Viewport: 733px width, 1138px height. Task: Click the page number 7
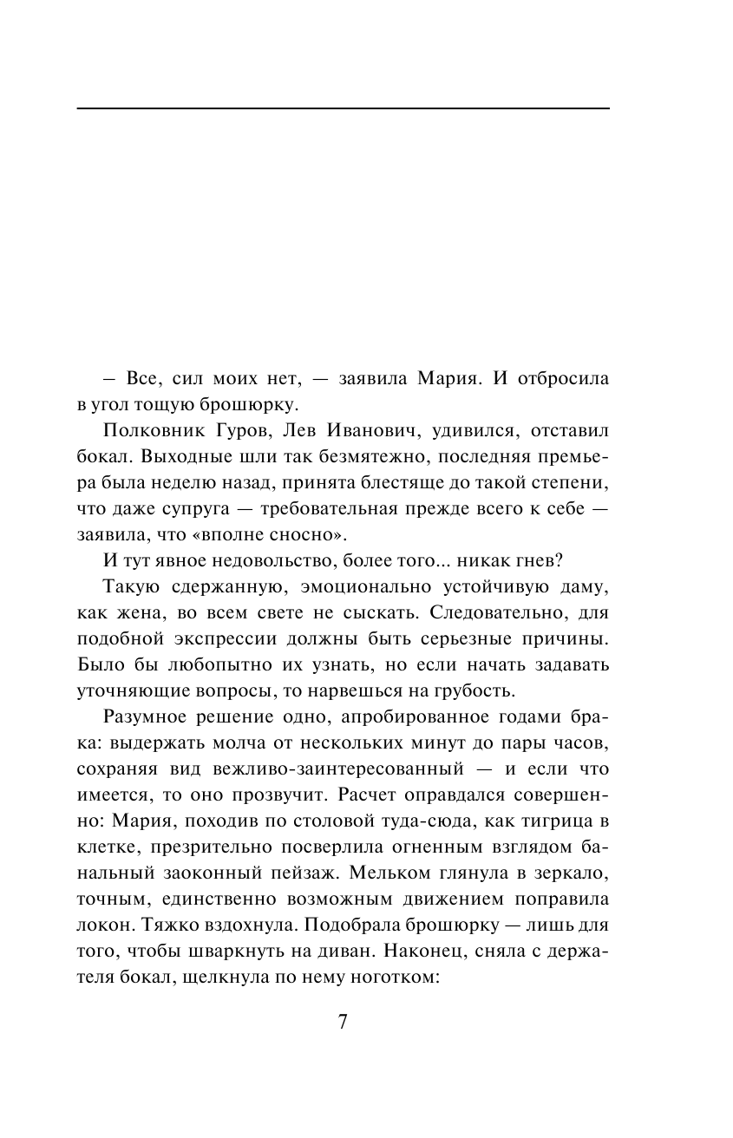(342, 1022)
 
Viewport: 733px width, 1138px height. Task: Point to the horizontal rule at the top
(343, 108)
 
